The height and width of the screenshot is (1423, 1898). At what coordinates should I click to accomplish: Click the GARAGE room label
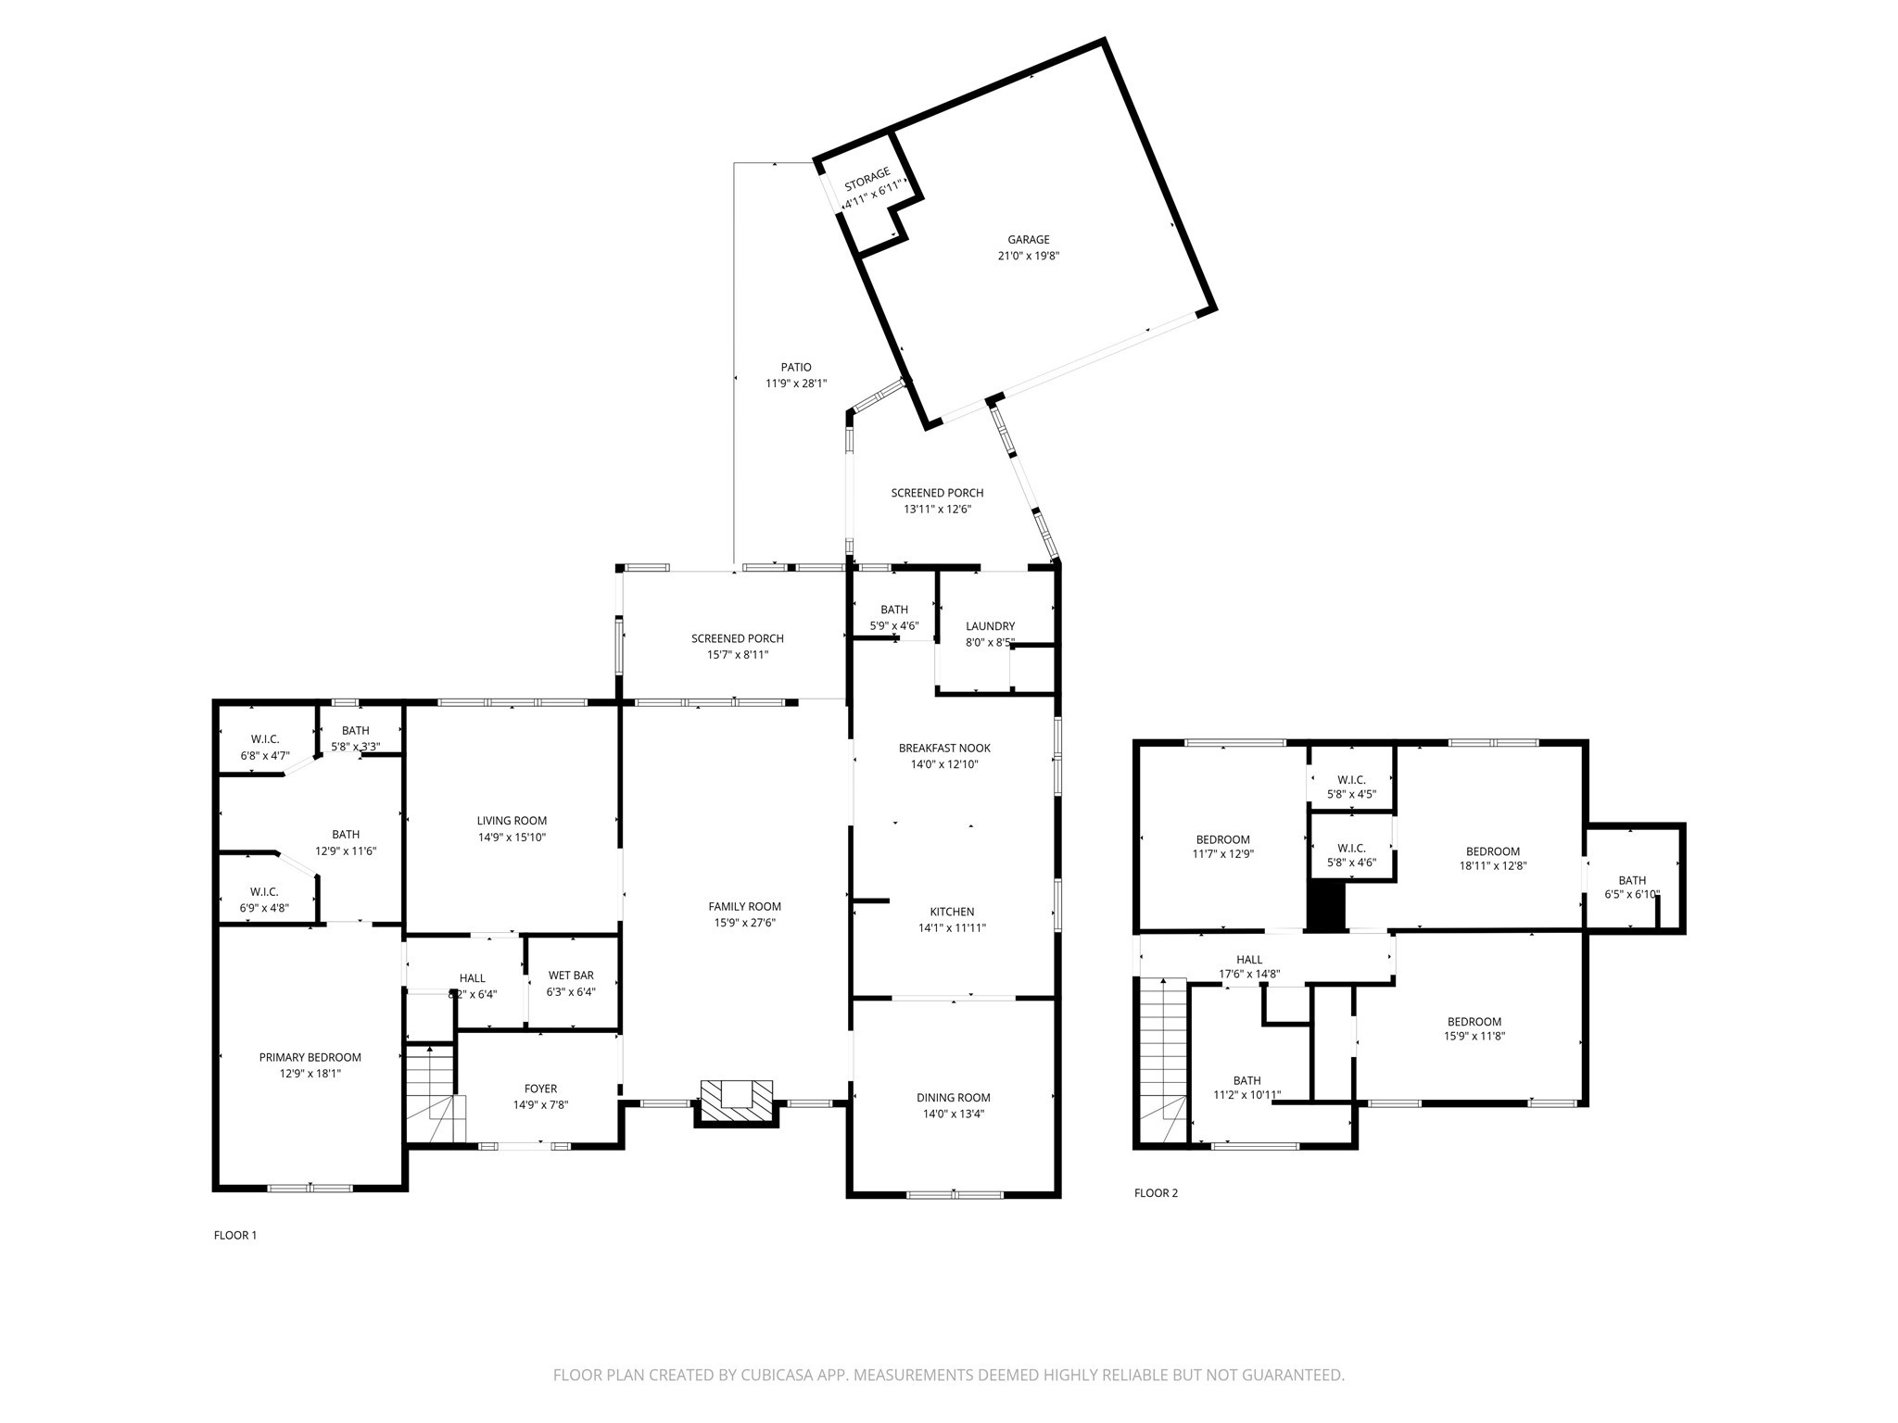click(x=1028, y=240)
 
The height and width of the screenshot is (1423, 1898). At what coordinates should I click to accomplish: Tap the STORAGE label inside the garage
click(x=867, y=173)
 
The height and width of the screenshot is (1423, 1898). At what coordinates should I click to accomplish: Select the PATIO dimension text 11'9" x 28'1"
click(x=795, y=384)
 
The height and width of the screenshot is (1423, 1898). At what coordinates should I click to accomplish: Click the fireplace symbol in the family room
click(x=736, y=1100)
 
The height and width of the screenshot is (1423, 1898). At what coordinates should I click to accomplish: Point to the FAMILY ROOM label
click(x=744, y=907)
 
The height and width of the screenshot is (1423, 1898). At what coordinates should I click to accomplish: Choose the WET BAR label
click(x=571, y=976)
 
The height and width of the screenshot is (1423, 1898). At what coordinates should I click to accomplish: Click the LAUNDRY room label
click(x=990, y=626)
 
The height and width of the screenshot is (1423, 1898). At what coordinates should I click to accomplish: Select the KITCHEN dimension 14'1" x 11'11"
click(x=952, y=927)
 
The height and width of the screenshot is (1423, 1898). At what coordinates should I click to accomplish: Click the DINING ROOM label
click(x=954, y=1098)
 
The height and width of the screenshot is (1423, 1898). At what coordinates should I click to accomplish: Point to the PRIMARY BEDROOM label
click(x=310, y=1057)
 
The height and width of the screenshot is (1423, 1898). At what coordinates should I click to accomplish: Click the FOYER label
click(x=540, y=1089)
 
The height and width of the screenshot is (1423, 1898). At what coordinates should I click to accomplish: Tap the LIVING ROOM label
click(x=512, y=821)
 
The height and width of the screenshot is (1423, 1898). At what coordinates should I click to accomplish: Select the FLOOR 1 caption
click(x=235, y=1235)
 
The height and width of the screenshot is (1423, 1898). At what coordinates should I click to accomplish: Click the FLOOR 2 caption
click(x=1156, y=1193)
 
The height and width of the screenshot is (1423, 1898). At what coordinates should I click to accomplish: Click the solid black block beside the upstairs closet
click(x=1325, y=905)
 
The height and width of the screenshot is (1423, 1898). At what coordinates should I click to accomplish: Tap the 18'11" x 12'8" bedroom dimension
click(x=1492, y=867)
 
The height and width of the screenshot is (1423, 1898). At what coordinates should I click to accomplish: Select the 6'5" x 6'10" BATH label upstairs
click(x=1632, y=895)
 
